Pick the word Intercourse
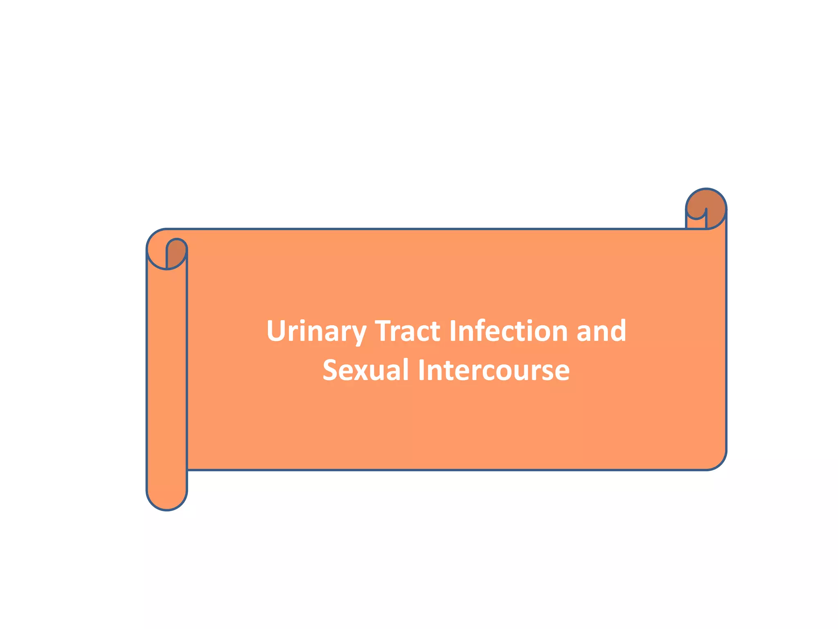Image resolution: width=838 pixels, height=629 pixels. coord(493,370)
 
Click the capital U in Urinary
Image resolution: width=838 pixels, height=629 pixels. coord(277,331)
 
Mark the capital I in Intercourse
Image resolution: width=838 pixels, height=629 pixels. coord(421,370)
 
